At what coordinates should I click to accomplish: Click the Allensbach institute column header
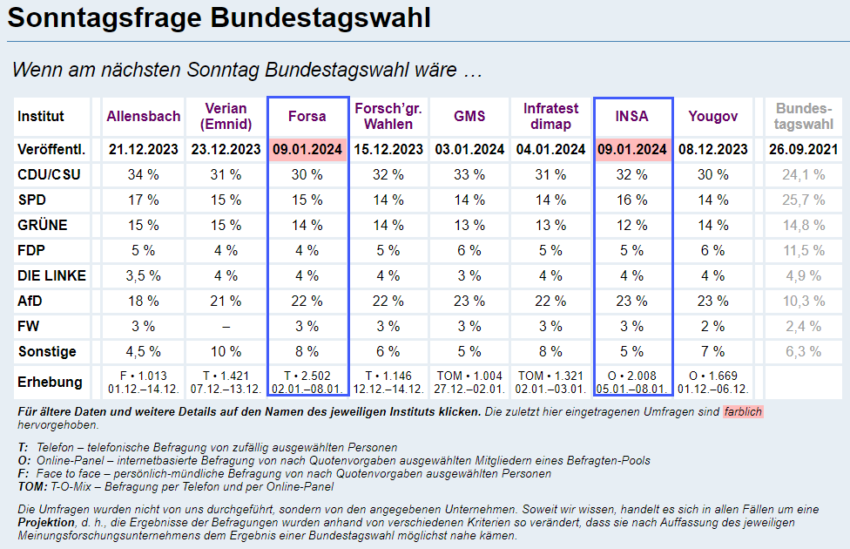click(x=144, y=116)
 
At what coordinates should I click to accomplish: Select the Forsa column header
click(x=308, y=116)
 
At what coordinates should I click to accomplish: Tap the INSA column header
click(x=632, y=116)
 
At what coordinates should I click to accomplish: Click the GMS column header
click(x=469, y=116)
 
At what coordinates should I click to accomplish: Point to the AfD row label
click(x=30, y=301)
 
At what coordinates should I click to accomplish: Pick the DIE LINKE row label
click(x=51, y=275)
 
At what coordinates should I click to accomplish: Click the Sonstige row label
click(x=47, y=352)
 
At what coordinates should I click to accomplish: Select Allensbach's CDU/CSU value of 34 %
click(x=144, y=174)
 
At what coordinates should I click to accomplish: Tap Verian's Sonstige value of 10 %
click(x=226, y=352)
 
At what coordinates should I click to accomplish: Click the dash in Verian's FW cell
click(x=226, y=327)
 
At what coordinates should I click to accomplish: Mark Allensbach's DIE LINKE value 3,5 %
click(x=144, y=275)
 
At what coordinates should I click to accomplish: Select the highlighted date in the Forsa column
click(x=308, y=149)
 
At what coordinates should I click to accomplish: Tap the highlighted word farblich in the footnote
click(x=743, y=411)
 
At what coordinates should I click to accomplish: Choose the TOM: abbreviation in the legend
click(x=31, y=486)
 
